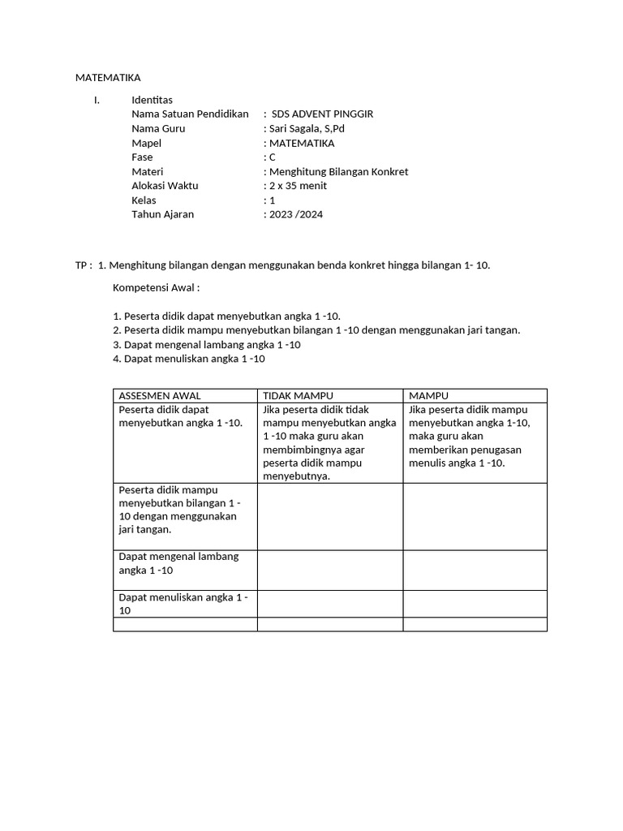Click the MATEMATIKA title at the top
(108, 78)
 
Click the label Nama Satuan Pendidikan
(190, 114)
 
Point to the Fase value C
(273, 157)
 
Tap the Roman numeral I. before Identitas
(97, 100)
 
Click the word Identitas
(153, 100)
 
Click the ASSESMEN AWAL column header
(160, 395)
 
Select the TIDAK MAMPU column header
(298, 395)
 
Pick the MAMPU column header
(429, 395)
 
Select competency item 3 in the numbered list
(207, 344)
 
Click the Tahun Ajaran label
(162, 215)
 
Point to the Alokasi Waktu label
(165, 186)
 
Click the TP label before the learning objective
(82, 265)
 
